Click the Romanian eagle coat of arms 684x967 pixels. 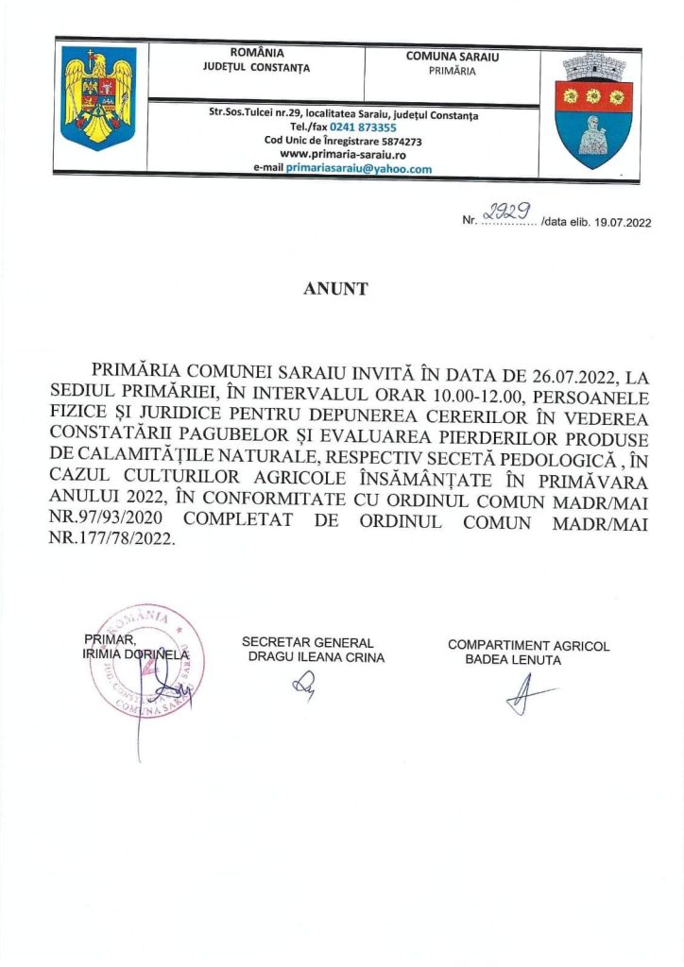point(99,99)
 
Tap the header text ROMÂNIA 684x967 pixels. point(256,53)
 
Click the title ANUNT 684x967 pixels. point(335,289)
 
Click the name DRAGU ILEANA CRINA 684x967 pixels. point(316,658)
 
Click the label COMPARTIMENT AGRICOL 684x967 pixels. point(528,646)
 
